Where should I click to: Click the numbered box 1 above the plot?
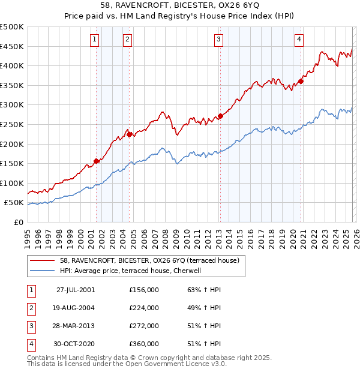point(95,40)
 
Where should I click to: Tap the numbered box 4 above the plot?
point(299,40)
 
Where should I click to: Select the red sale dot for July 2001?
point(97,161)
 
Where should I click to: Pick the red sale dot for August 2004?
point(129,134)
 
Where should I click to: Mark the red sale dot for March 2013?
point(220,116)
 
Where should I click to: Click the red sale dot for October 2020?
point(301,82)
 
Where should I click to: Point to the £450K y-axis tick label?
point(12,46)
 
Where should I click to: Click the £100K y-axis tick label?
point(12,183)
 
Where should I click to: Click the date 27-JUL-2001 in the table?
point(75,290)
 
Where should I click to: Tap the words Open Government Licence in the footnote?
point(180,364)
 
